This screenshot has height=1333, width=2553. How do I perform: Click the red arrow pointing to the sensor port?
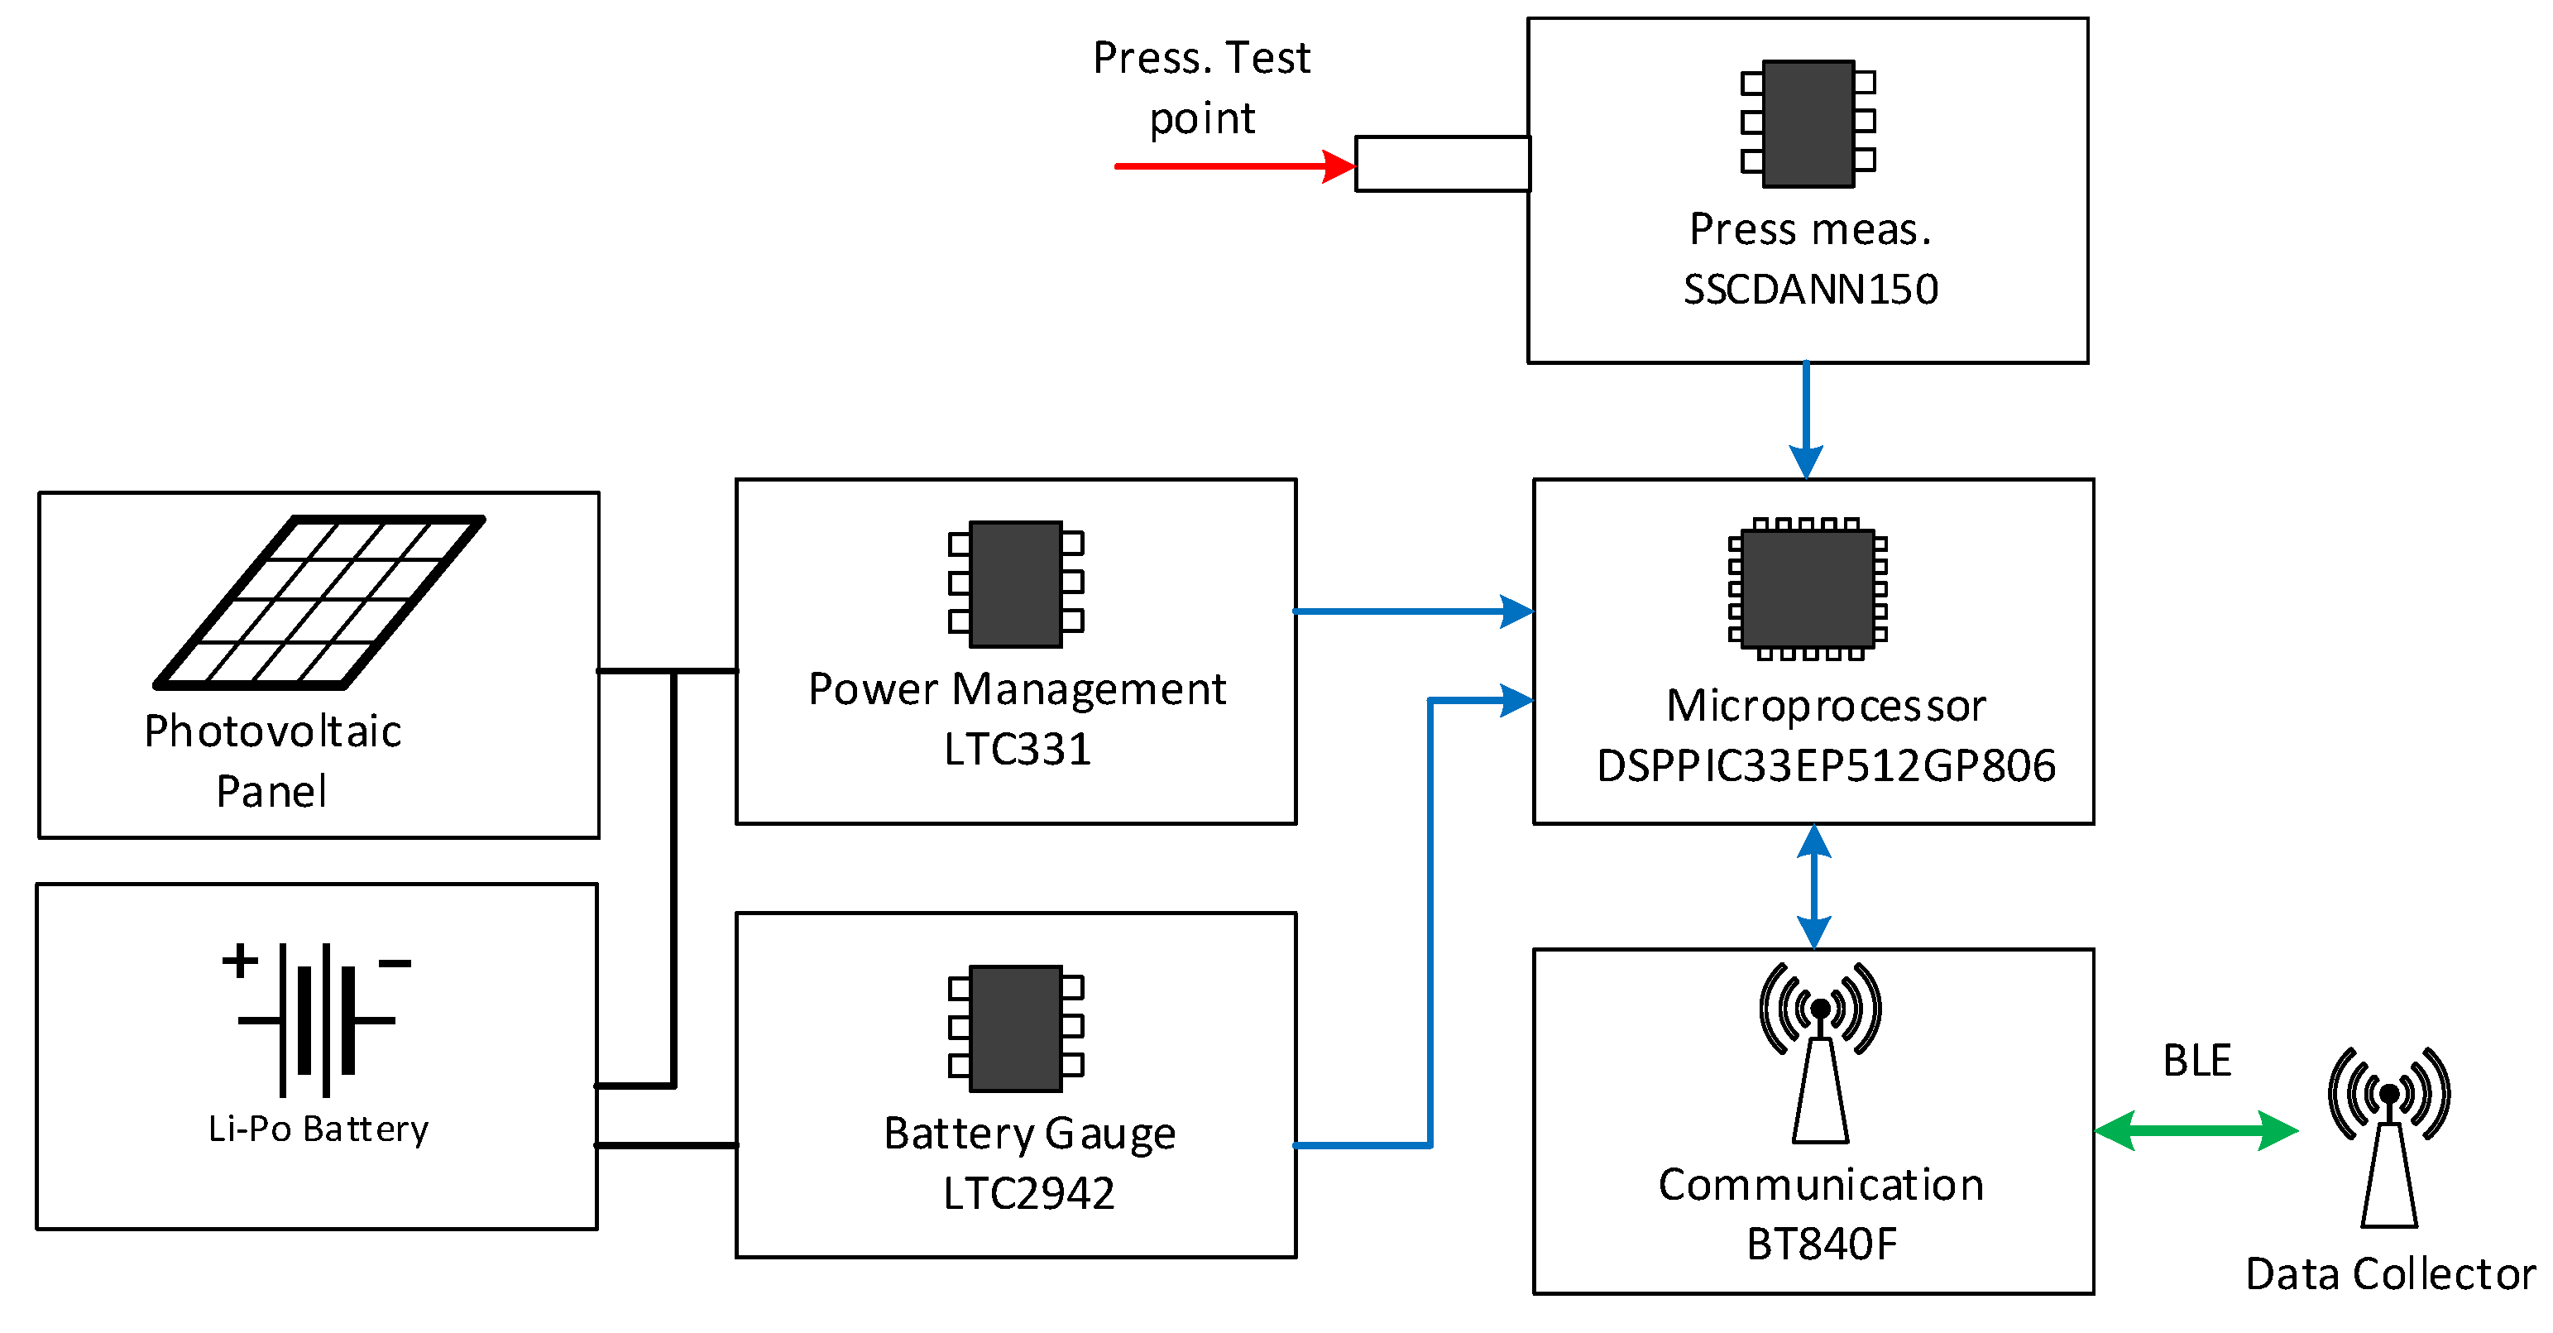(1229, 165)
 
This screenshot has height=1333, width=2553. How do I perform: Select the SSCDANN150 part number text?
(1810, 290)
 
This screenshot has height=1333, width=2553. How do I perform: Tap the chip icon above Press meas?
(1808, 124)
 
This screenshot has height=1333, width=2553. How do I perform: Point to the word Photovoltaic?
(272, 731)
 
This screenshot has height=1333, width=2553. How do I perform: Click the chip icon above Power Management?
(1016, 583)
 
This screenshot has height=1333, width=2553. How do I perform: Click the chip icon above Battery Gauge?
(1016, 1028)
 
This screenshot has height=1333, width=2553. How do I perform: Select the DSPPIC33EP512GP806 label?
(1826, 766)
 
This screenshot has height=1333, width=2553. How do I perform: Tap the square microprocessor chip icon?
(1808, 588)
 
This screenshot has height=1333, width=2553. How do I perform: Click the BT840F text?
(1821, 1244)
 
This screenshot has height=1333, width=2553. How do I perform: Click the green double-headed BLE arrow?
(2196, 1129)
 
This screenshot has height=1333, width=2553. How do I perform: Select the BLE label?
(2196, 1061)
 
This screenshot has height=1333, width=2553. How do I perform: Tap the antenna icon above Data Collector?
(2388, 1134)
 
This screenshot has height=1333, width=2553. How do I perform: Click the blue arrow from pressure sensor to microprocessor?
(1806, 416)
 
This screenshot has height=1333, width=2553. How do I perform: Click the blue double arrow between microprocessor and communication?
(1813, 886)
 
